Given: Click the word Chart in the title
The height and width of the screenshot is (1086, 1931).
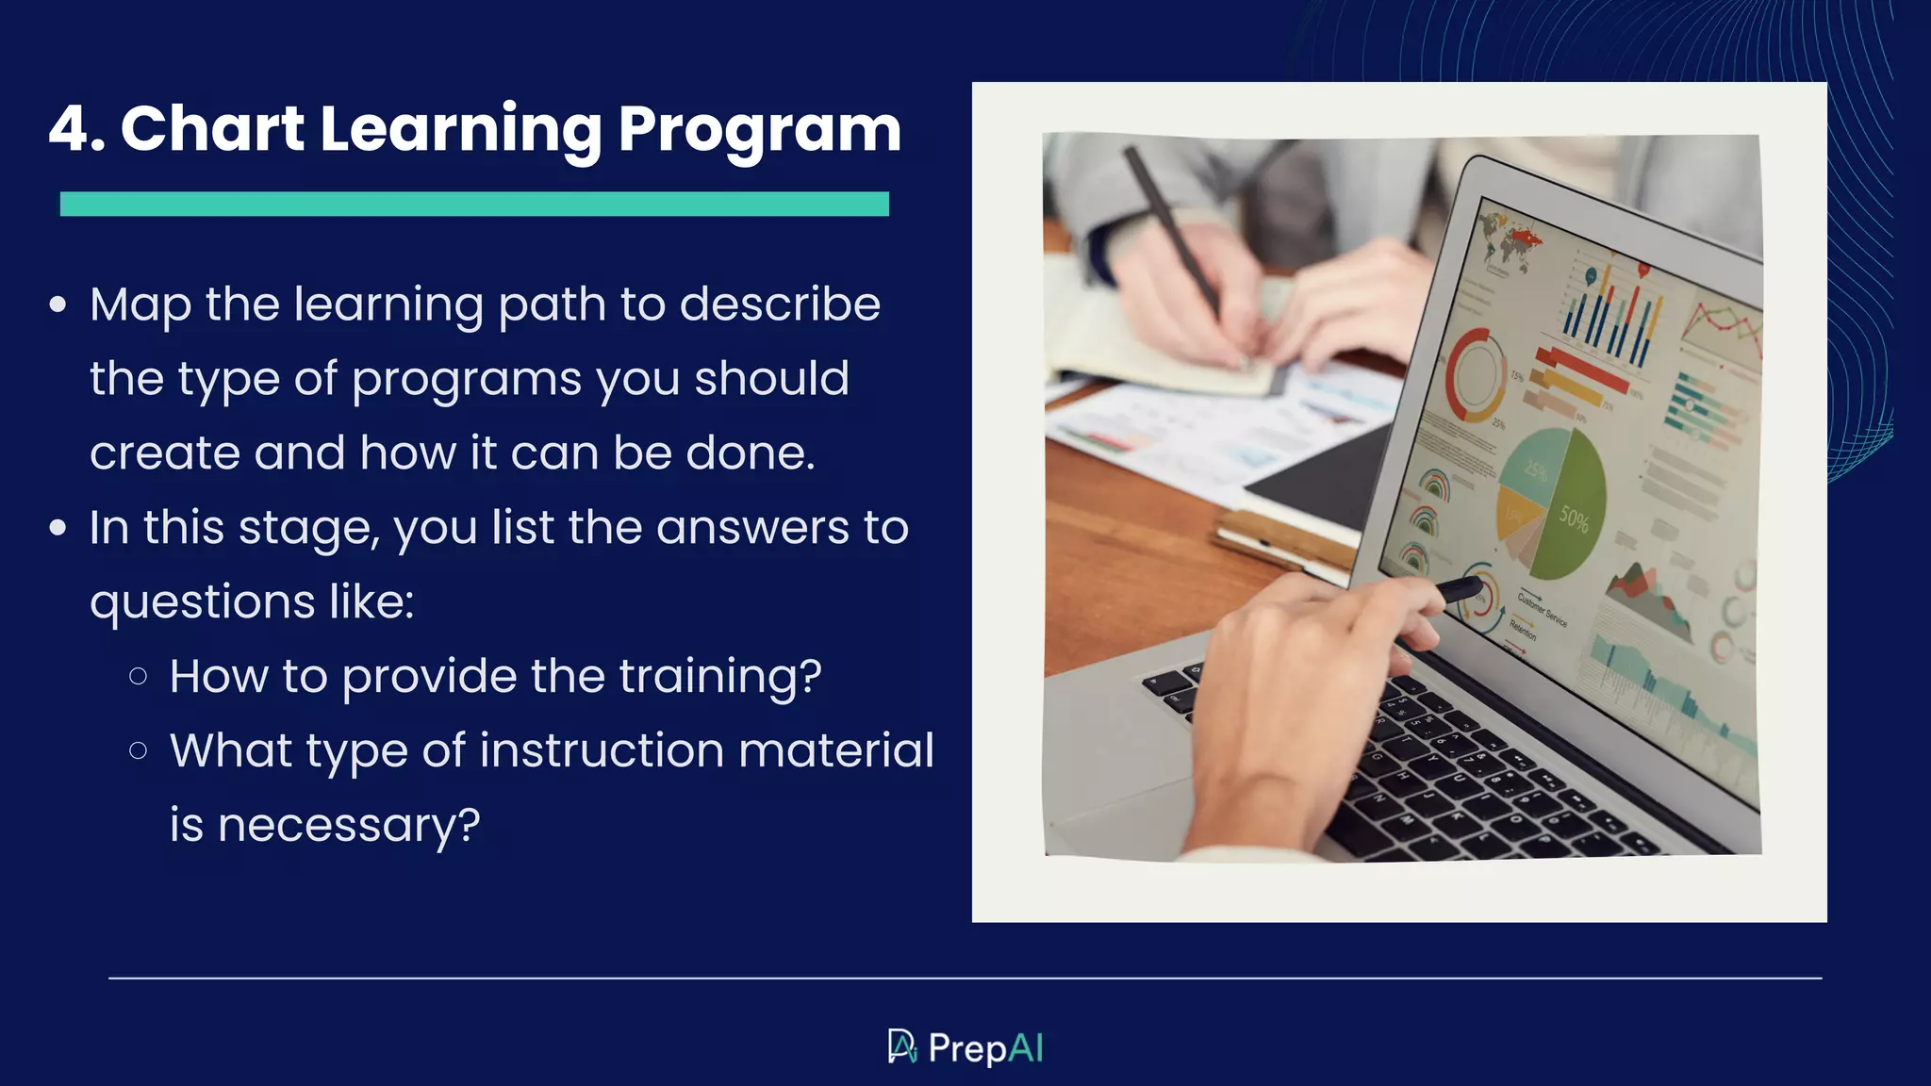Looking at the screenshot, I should tap(212, 129).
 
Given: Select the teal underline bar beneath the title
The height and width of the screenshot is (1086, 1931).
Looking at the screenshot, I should tap(474, 204).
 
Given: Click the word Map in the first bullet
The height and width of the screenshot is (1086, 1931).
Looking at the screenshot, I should tap(140, 304).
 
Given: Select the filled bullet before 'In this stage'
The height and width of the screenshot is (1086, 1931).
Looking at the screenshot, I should tap(58, 528).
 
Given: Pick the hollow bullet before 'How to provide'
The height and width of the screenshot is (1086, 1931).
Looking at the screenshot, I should tap(139, 676).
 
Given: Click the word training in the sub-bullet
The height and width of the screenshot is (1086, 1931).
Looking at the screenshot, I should tap(718, 677).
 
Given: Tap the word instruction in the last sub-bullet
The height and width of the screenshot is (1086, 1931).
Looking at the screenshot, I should tap(602, 751).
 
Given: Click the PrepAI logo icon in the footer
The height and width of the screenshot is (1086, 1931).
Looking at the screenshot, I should tap(902, 1046).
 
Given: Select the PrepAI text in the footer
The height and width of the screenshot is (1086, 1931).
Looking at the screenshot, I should tap(985, 1048).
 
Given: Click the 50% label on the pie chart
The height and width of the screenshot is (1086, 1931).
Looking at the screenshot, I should tap(1574, 518).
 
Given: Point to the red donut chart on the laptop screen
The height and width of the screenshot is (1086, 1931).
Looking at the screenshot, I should tap(1477, 376).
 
